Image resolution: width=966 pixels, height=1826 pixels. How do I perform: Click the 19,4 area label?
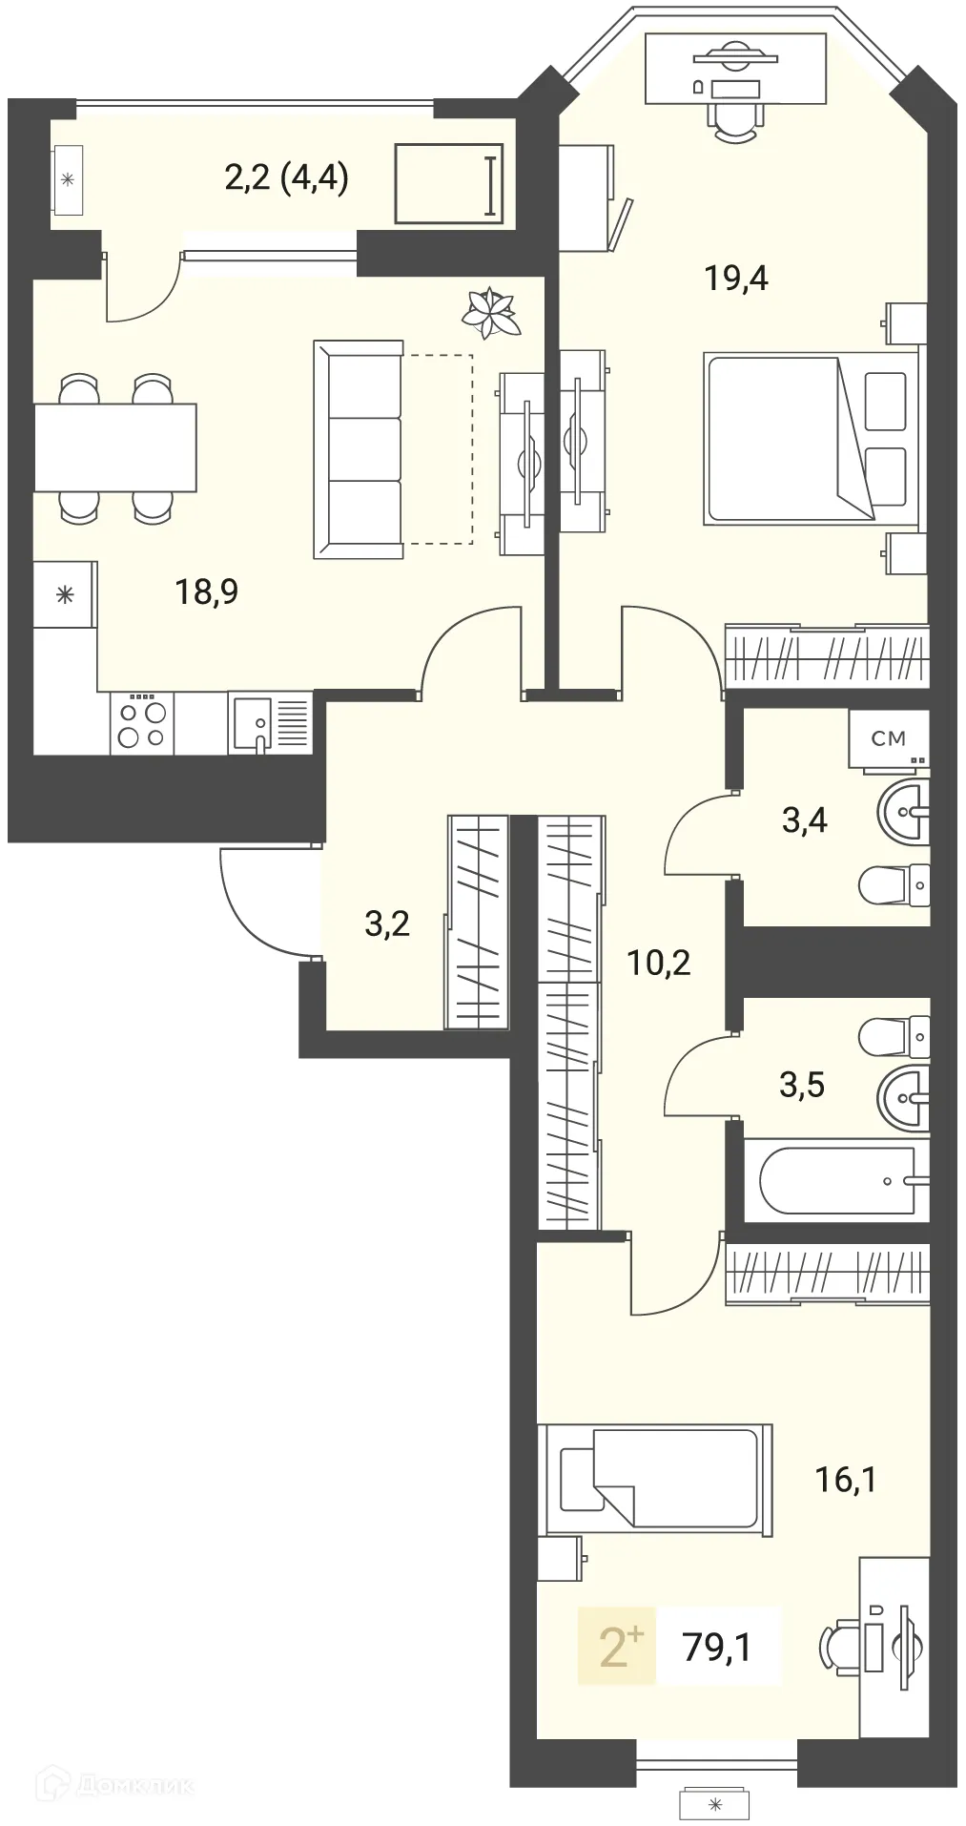[736, 278]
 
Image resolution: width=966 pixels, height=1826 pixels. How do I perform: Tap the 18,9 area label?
[206, 591]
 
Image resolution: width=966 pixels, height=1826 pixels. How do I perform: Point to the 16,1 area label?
[845, 1480]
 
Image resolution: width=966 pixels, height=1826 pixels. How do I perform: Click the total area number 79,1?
[717, 1647]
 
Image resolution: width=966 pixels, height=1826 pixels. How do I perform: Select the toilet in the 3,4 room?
[894, 885]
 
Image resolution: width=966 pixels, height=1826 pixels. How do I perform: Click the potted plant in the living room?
[492, 312]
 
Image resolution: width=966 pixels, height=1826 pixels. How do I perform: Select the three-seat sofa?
[358, 448]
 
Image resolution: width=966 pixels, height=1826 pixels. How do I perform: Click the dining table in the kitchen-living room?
[115, 447]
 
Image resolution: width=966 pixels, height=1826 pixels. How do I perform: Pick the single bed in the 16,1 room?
[654, 1481]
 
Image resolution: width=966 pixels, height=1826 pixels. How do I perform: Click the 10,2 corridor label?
[658, 963]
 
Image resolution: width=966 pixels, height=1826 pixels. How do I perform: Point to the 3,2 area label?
[387, 923]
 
